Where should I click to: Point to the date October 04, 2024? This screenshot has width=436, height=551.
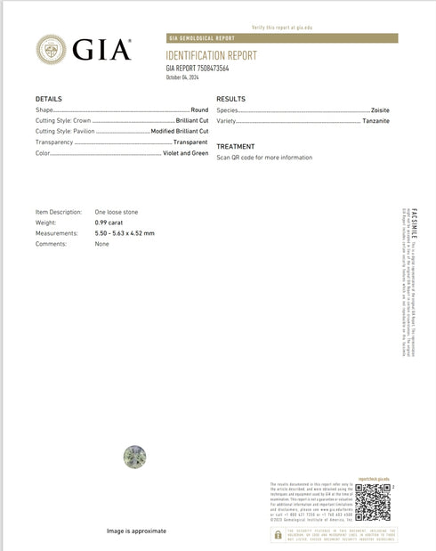point(185,77)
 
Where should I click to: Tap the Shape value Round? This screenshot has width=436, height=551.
point(198,109)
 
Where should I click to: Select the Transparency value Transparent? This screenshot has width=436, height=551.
point(190,142)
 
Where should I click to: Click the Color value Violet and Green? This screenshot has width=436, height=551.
point(185,153)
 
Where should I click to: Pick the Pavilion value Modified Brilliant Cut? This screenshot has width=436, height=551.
point(179,131)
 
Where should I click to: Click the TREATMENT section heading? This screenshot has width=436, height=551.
point(236,146)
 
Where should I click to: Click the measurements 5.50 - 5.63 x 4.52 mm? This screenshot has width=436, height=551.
point(125,233)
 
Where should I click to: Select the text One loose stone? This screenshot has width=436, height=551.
point(117,212)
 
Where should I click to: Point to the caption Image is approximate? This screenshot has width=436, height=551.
point(136,531)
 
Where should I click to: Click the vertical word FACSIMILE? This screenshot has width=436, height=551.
point(403,227)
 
